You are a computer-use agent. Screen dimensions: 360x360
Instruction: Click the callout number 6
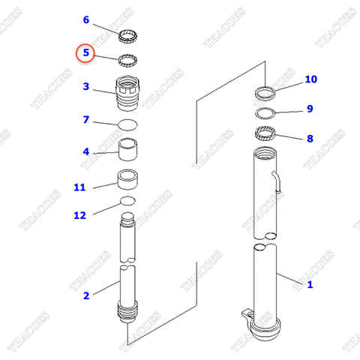(85, 19)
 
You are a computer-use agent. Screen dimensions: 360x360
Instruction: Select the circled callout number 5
(85, 53)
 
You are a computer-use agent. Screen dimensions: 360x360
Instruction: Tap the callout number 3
(85, 86)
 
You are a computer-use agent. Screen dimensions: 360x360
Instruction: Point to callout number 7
(85, 119)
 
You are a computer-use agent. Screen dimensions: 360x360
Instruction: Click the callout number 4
(85, 151)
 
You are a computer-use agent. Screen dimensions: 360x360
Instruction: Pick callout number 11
(79, 187)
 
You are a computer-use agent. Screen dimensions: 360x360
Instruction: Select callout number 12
(79, 215)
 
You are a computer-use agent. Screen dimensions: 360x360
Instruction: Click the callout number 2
(85, 295)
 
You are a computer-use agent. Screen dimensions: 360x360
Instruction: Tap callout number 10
(310, 79)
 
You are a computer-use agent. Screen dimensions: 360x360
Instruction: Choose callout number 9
(309, 109)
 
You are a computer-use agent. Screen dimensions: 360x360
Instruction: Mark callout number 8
(309, 139)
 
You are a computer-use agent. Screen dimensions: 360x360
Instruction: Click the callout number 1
(310, 284)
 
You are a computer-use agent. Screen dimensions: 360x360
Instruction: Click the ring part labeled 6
(129, 36)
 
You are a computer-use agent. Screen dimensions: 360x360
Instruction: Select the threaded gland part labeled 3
(129, 94)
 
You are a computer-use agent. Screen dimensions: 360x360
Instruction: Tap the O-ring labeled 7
(128, 123)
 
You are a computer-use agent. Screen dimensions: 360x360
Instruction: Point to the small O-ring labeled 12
(128, 201)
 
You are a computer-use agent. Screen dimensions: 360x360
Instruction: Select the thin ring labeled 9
(265, 114)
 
